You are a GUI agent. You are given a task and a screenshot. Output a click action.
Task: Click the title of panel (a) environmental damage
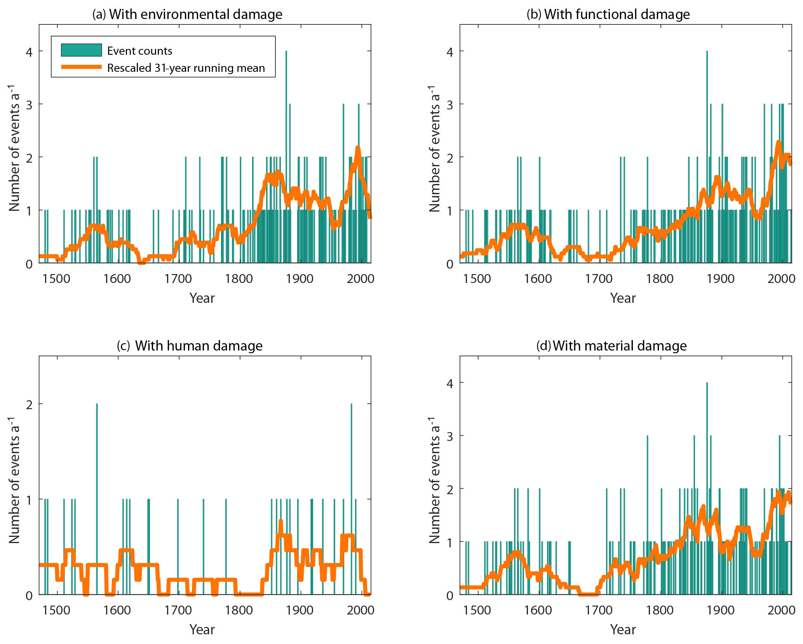[187, 14]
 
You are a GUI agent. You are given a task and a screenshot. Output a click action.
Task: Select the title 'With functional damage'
[608, 14]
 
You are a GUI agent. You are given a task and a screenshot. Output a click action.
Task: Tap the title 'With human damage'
[190, 346]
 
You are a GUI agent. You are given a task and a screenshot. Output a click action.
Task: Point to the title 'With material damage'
[611, 346]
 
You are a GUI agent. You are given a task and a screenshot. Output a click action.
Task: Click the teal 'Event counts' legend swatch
[81, 50]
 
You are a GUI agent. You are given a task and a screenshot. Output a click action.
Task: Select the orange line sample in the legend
[81, 67]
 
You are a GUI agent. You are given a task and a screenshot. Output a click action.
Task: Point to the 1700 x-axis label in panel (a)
[178, 279]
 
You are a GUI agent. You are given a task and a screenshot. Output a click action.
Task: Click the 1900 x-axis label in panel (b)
[721, 279]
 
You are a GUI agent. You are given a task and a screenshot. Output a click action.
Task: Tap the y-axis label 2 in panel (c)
[29, 404]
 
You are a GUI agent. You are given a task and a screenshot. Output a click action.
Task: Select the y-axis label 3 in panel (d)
[450, 436]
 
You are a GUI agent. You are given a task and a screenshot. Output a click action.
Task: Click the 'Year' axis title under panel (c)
[202, 630]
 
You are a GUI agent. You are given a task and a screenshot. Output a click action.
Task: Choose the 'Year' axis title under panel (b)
[623, 298]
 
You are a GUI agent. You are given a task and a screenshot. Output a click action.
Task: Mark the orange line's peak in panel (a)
[358, 148]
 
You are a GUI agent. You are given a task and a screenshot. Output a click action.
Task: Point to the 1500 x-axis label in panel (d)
[477, 610]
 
